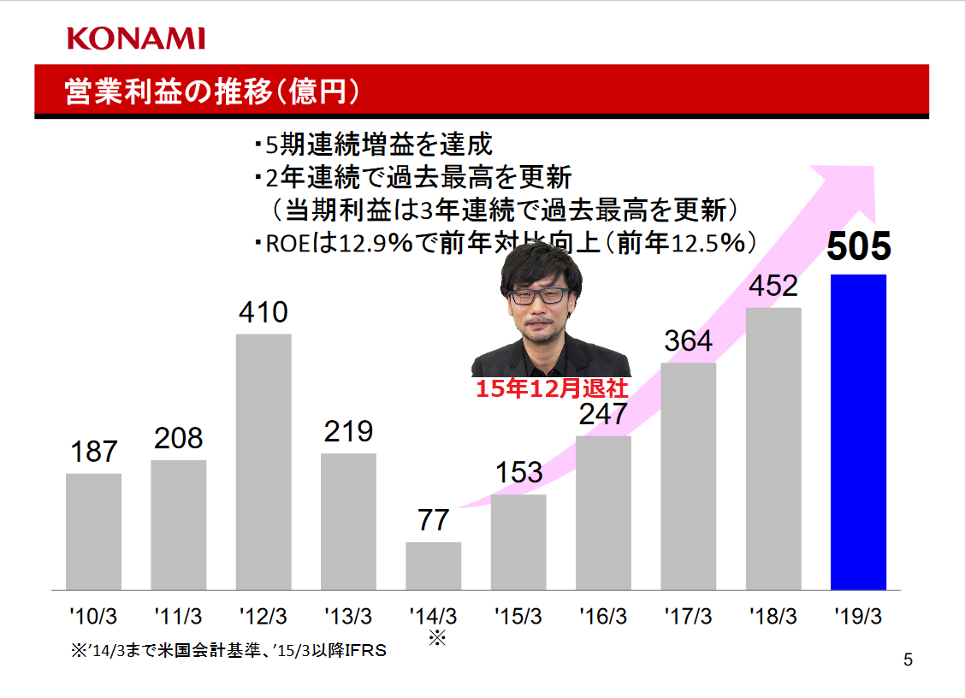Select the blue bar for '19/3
(858, 432)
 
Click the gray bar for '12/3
(263, 462)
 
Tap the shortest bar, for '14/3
(433, 566)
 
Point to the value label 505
(858, 247)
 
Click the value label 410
(263, 312)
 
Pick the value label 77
(434, 520)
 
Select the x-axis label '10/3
(93, 615)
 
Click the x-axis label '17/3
(689, 615)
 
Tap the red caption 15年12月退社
(552, 390)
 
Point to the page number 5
(908, 660)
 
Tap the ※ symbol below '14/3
(437, 638)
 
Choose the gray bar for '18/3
(773, 449)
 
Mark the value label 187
(93, 452)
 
